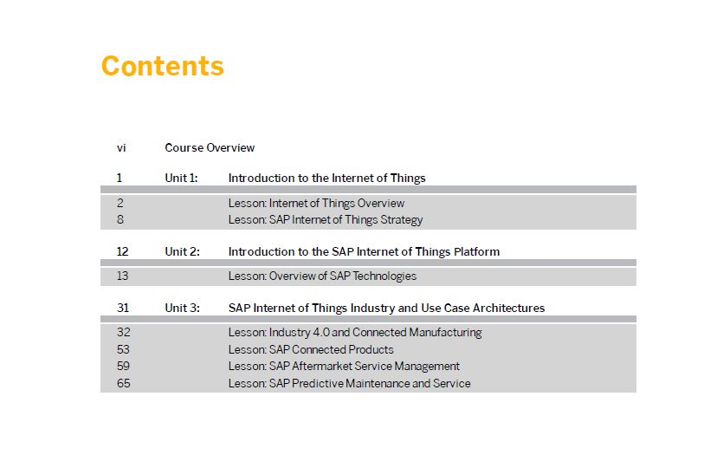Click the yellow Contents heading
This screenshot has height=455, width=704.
[163, 66]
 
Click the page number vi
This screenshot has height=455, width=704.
[121, 148]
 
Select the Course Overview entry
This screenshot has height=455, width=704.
[210, 148]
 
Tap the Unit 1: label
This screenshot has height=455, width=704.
[181, 178]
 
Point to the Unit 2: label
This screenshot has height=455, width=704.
[183, 251]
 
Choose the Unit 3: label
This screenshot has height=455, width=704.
[183, 309]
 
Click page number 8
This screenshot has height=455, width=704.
[119, 219]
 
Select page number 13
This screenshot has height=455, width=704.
[123, 276]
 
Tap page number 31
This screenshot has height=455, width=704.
[123, 309]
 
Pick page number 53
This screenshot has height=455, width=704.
[123, 349]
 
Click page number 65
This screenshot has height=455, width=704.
[124, 383]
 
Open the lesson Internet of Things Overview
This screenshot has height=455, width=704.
[317, 203]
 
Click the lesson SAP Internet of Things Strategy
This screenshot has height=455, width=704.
[326, 219]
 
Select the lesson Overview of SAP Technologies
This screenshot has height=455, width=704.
[322, 276]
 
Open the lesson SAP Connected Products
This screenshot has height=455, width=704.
[311, 349]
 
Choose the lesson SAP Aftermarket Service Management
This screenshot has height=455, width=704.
[344, 367]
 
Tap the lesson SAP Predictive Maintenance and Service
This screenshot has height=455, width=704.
[349, 383]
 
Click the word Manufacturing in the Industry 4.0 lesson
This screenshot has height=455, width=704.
[445, 333]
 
